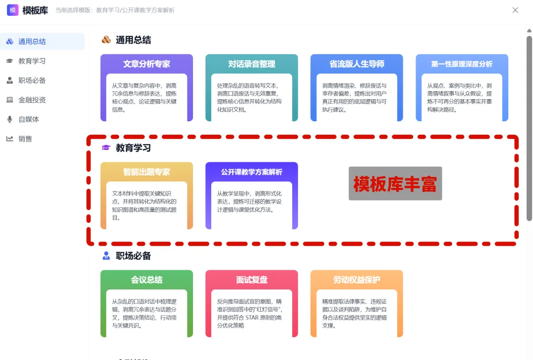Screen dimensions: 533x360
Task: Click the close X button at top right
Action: coord(515,10)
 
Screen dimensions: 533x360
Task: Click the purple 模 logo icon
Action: coord(13,10)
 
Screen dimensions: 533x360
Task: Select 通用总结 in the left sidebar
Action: coord(32,41)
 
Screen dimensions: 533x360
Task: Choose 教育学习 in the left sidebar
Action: coord(32,61)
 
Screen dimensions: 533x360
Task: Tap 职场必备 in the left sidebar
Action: coord(32,80)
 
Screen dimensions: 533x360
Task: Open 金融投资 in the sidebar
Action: coord(32,100)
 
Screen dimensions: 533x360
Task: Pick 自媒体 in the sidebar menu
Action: coord(29,119)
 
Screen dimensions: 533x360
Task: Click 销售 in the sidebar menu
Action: coord(25,139)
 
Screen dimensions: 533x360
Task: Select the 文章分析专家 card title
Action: coord(147,64)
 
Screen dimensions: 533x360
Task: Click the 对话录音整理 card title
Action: coord(252,64)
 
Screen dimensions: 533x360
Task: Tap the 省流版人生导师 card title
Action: coord(357,64)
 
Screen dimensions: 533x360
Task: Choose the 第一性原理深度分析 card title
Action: coord(462,64)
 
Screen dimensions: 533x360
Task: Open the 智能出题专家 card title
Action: coord(147,172)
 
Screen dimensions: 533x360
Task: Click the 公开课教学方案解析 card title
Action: coord(252,172)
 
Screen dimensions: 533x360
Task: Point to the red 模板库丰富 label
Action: coord(395,183)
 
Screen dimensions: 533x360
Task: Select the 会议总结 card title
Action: coord(147,280)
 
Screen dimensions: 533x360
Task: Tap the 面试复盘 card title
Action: coord(252,280)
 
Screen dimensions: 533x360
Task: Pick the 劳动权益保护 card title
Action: coord(357,280)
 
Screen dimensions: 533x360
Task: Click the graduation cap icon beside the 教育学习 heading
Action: coord(106,147)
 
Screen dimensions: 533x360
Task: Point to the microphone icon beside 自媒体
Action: coord(9,119)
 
